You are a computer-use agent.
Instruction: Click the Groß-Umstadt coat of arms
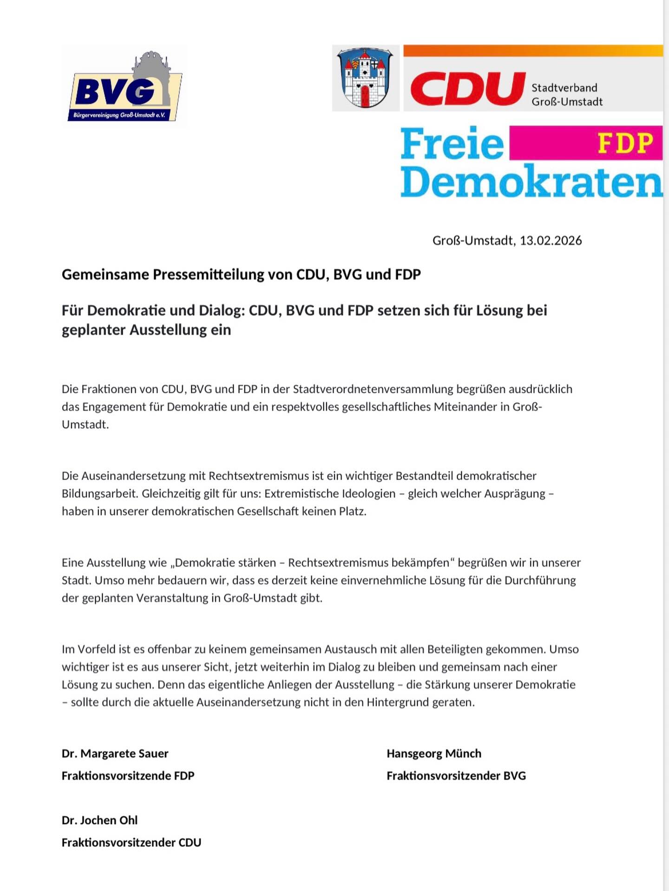[366, 78]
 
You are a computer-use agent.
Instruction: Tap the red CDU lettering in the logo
[467, 89]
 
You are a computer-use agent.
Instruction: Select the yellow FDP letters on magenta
[625, 142]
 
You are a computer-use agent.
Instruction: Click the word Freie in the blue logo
[452, 144]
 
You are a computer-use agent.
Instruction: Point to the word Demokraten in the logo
[531, 182]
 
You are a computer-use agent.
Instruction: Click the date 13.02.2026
[551, 240]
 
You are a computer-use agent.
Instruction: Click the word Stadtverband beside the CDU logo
[564, 88]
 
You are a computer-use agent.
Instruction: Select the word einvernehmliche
[379, 580]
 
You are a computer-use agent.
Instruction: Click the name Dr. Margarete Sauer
[115, 753]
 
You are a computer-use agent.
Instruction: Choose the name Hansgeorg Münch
[433, 753]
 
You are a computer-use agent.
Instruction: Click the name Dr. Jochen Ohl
[99, 820]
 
